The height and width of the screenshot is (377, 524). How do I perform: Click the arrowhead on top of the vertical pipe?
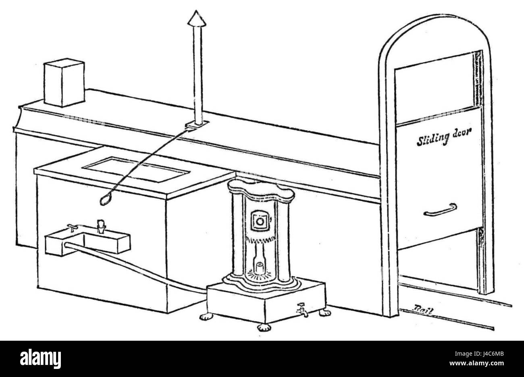coord(197,19)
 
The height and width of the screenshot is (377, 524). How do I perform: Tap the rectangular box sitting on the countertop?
coord(64,82)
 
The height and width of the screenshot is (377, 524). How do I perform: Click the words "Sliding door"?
coord(444,137)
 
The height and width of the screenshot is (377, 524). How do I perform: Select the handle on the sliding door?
coord(440,210)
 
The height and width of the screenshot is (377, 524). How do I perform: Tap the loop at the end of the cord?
coord(105,200)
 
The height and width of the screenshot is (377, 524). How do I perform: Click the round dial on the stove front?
coord(260,221)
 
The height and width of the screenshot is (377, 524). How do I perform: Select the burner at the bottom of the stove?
coord(259,269)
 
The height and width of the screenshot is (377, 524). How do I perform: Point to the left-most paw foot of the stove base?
coord(206,317)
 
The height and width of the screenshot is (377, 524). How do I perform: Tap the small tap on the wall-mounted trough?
coord(72,228)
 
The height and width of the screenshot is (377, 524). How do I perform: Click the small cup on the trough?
coord(101,227)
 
